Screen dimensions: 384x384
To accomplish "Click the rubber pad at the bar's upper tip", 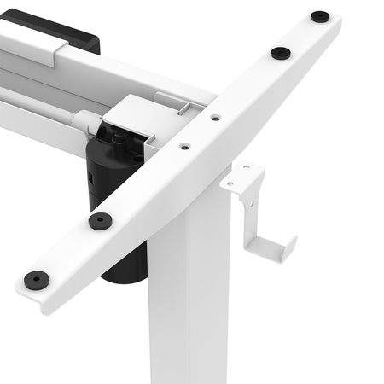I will pos(319,16).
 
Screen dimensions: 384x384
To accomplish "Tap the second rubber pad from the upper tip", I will pos(281,53).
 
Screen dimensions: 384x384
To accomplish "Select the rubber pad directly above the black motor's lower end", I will pos(100,220).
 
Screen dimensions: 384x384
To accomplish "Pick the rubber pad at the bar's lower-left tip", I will pos(36,278).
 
